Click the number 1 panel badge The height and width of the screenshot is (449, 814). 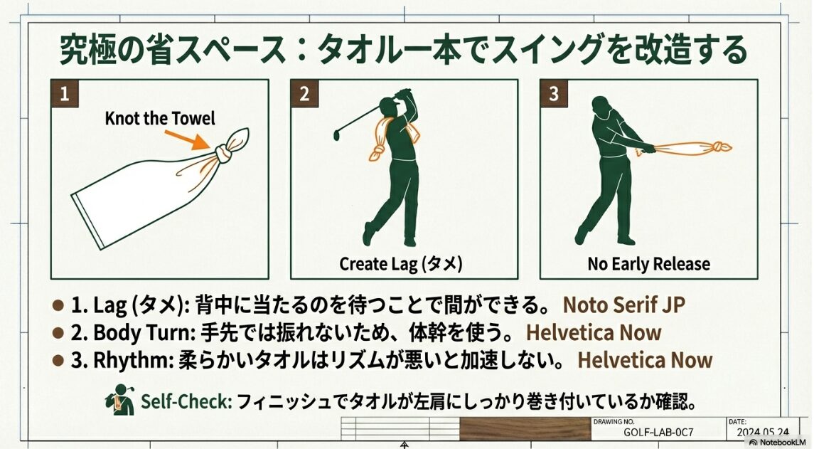pos(64,94)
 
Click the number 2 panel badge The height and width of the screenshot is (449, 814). pos(304,94)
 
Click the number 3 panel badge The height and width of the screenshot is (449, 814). pos(554,94)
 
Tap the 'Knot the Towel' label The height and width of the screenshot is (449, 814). pos(160,118)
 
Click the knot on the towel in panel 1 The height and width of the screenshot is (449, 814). pos(223,151)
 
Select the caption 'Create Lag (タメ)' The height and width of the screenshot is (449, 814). pos(401,264)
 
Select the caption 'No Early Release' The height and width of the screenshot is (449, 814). pos(648,264)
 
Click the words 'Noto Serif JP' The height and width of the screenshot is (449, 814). pos(624,305)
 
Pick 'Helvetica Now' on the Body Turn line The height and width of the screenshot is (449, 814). pos(594,332)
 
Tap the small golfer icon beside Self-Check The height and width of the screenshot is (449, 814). pos(120,400)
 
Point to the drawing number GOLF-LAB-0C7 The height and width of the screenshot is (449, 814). pos(658,432)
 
